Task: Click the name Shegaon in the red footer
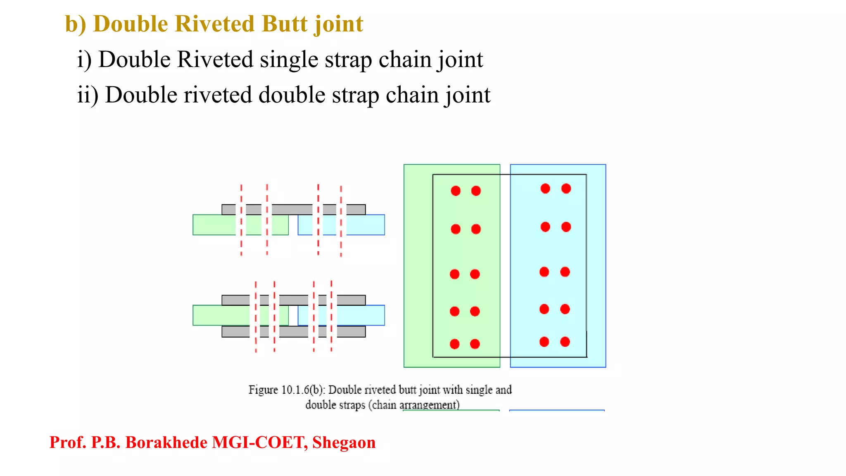344,443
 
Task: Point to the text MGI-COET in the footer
259,443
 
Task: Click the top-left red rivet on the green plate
456,191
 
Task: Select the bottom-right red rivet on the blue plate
565,342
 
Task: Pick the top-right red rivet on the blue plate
566,189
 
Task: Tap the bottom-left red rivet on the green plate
455,344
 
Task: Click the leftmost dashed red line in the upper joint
241,220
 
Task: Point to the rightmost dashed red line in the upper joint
341,221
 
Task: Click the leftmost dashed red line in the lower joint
256,316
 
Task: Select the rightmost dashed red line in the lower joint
331,316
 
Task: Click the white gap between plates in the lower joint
293,316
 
